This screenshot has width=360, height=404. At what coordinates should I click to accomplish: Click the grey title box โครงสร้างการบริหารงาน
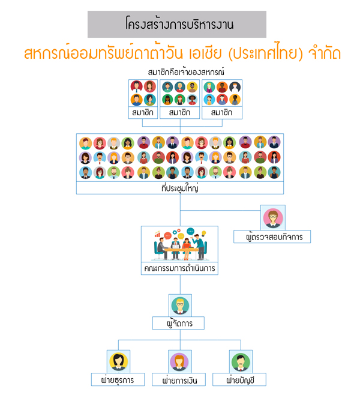pos(176,24)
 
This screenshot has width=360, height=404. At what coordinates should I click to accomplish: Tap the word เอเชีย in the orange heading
pos(205,53)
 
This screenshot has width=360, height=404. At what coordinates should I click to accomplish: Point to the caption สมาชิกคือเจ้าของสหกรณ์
pos(186,72)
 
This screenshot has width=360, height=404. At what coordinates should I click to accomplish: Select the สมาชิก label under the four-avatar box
pos(143,113)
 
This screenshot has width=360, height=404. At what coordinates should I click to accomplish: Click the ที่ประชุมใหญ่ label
pos(180,188)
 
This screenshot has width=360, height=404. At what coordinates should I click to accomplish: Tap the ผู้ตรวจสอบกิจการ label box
pos(272,237)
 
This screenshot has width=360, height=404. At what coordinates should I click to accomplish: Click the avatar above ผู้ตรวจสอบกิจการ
pos(273,218)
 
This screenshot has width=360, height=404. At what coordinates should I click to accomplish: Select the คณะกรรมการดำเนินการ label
pos(179,268)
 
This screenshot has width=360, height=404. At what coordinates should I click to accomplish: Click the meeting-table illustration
pos(180,244)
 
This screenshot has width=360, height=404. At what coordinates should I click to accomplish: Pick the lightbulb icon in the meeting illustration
pos(203,233)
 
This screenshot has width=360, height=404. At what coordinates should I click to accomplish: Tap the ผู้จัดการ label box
pos(178,323)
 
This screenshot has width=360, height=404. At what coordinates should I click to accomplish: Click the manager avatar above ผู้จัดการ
pos(180,306)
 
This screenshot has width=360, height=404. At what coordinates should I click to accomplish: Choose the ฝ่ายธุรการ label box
pos(118,379)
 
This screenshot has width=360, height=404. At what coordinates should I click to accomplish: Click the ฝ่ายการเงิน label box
pos(179,379)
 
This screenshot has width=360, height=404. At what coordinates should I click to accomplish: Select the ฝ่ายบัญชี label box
pos(239,379)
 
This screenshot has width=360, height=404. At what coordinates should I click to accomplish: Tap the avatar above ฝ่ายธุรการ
pos(118,362)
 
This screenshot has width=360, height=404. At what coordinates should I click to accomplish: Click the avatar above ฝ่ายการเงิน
pos(179,362)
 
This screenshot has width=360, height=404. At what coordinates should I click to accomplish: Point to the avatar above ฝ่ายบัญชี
pos(241,362)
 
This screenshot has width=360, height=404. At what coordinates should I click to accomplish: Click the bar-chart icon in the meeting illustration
pos(157,234)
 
